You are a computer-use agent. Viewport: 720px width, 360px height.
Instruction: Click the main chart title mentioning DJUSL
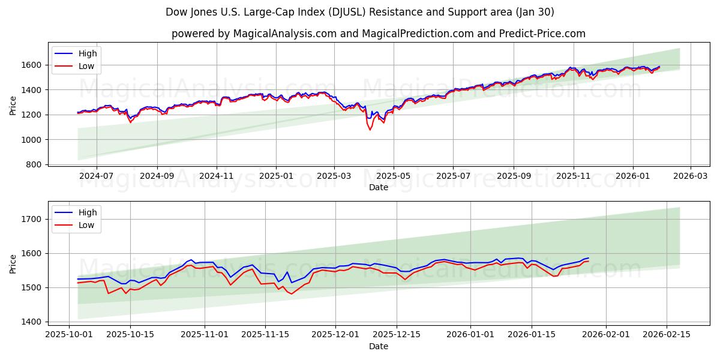[360, 12]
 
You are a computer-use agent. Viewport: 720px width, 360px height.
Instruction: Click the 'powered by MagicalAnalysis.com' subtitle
[378, 34]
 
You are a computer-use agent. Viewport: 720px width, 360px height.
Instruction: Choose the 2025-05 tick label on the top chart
[394, 176]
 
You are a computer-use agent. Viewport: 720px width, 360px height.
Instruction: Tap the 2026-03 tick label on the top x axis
[690, 176]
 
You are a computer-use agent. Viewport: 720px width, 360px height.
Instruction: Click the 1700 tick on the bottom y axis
[31, 219]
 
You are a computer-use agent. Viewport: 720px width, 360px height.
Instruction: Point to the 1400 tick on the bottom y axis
[31, 322]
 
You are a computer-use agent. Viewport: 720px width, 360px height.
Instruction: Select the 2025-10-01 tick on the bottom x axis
[70, 335]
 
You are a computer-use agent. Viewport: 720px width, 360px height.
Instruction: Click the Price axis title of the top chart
[13, 104]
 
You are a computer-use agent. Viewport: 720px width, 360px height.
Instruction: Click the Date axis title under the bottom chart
[378, 346]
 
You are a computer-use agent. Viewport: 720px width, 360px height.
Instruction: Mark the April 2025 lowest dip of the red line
[370, 130]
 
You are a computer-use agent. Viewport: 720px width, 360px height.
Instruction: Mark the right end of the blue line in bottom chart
[589, 258]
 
